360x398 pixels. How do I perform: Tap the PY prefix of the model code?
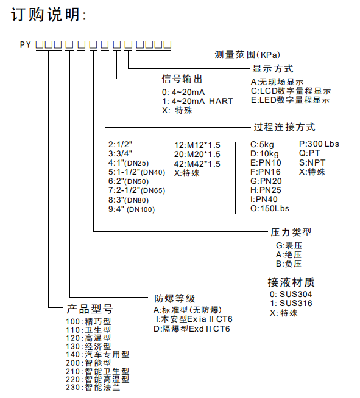26,45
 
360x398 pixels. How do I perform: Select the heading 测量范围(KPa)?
247,55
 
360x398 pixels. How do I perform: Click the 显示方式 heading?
273,69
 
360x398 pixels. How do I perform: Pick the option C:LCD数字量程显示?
291,91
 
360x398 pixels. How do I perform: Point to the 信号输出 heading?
182,79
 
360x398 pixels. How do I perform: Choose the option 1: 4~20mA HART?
197,101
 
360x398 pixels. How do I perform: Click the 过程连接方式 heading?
284,127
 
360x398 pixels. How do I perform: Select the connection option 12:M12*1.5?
197,145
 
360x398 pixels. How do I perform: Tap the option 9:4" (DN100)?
132,209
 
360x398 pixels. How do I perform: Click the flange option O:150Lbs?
270,209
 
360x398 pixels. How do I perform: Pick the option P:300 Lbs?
319,144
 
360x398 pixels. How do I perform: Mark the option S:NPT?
312,162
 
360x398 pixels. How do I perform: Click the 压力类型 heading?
291,232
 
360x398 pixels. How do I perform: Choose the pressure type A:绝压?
289,254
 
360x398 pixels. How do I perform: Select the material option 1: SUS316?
291,303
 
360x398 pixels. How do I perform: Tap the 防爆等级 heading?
175,298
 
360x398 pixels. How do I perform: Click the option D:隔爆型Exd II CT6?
192,329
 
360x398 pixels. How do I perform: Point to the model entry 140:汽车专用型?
97,354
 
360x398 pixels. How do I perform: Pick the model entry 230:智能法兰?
93,388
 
